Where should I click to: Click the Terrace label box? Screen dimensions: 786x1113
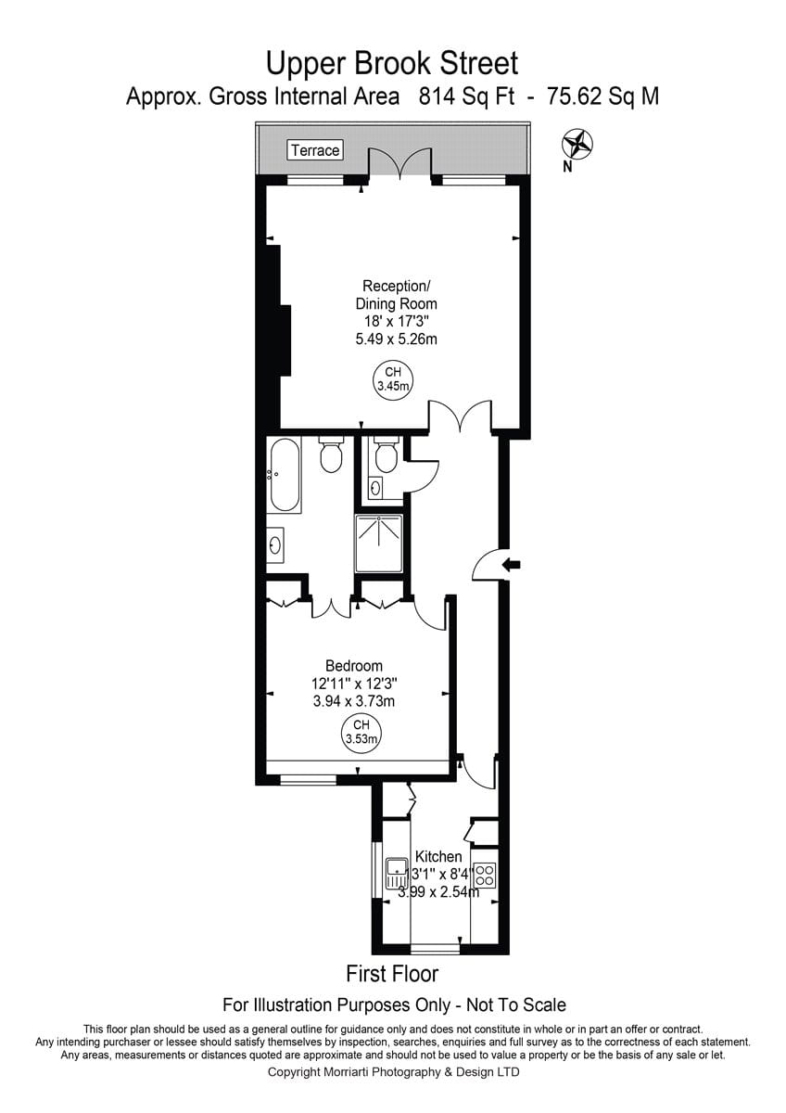[315, 150]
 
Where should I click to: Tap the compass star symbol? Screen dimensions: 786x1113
[577, 144]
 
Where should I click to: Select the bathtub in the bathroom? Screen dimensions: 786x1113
[285, 475]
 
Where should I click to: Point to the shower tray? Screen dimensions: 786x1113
[379, 544]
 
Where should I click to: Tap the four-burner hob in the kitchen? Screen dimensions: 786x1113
[485, 875]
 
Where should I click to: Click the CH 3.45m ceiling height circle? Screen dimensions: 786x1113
[393, 379]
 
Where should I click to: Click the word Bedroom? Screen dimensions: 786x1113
[354, 666]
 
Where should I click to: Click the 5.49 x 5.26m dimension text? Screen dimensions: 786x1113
[396, 339]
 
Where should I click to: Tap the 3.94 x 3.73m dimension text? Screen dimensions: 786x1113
[354, 701]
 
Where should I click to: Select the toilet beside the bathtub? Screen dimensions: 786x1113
[331, 454]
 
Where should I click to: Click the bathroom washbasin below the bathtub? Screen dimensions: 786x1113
[275, 545]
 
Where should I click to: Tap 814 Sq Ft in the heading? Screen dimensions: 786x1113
[467, 96]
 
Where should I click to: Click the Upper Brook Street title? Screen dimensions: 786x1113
[392, 63]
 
